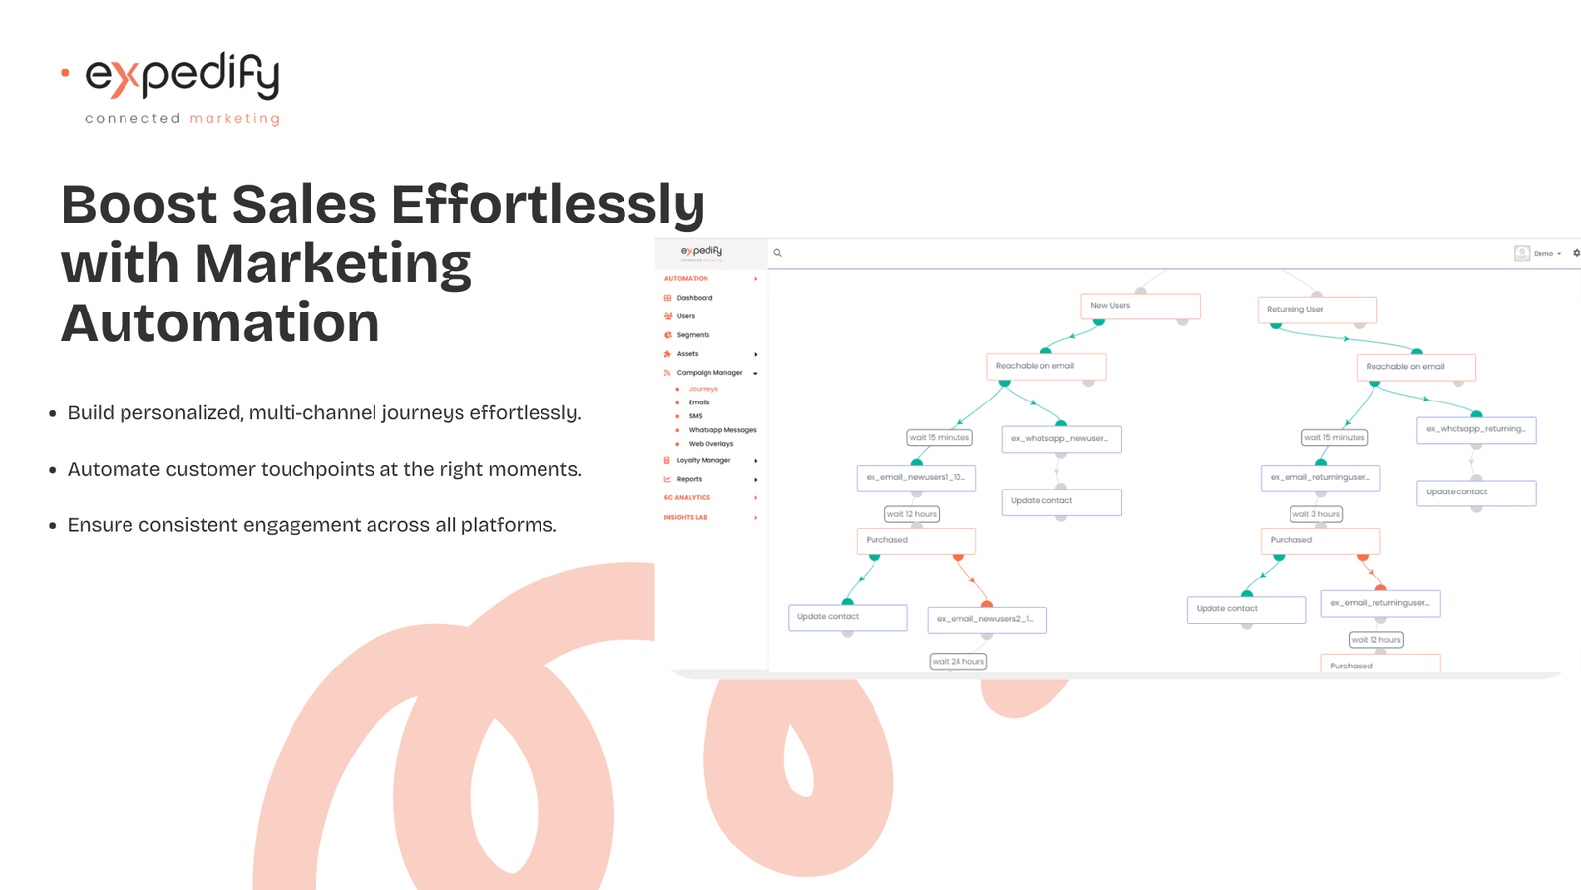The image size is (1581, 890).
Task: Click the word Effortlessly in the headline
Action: coord(547,205)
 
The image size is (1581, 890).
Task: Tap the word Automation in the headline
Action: coord(220,323)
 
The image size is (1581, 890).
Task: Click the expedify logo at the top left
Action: coord(183,77)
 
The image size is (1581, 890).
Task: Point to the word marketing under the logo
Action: coord(234,119)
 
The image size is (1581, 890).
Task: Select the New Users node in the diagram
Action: coord(1139,306)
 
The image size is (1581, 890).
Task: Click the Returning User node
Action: coord(1316,310)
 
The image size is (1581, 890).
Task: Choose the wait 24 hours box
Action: coord(958,662)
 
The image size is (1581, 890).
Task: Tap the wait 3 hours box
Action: coord(1316,514)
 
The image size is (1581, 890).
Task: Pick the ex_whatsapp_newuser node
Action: coord(1060,439)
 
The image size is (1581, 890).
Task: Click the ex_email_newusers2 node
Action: coord(986,620)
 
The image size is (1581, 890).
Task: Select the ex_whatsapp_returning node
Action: coord(1475,429)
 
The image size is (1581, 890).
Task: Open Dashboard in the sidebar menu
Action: coord(694,298)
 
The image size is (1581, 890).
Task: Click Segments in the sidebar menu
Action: coord(693,335)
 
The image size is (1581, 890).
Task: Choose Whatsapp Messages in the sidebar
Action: coord(721,430)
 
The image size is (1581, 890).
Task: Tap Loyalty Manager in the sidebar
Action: coord(703,460)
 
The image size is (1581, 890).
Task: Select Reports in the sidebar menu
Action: coord(689,479)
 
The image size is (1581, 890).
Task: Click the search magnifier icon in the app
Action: coord(778,253)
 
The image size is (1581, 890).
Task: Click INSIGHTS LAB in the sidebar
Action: coord(686,517)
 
